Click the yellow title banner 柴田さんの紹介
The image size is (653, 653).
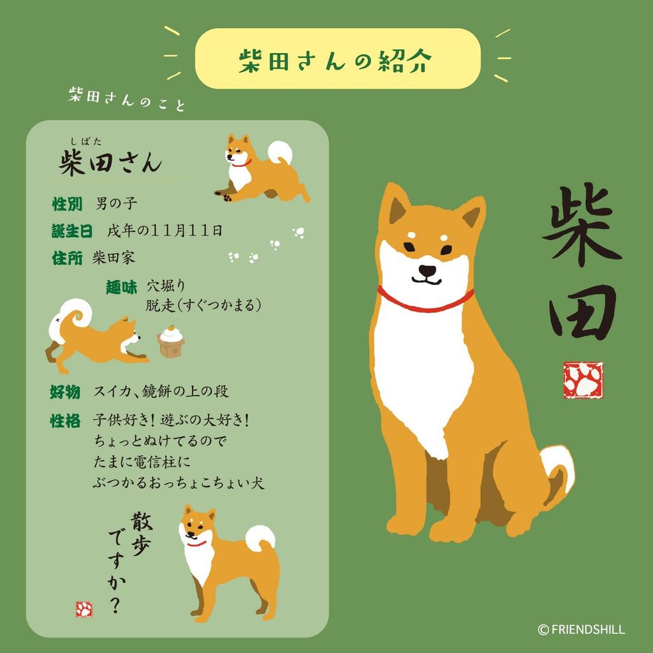tap(337, 59)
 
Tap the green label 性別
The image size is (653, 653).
tap(67, 204)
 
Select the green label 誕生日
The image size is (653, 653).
tap(72, 230)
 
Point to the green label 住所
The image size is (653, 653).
tap(67, 258)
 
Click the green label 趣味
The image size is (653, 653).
tap(121, 288)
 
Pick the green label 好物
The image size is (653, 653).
tap(65, 392)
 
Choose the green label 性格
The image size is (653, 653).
tap(65, 421)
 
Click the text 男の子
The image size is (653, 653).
tap(116, 204)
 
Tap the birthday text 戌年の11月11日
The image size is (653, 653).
tap(165, 230)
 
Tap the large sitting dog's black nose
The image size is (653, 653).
tap(427, 270)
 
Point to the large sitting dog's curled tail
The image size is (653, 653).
tap(558, 469)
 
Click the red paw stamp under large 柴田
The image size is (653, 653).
tap(583, 380)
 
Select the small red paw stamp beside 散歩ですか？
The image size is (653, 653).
tap(84, 609)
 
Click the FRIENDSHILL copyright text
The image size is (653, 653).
tap(582, 629)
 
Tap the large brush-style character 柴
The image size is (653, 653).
tap(580, 223)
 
